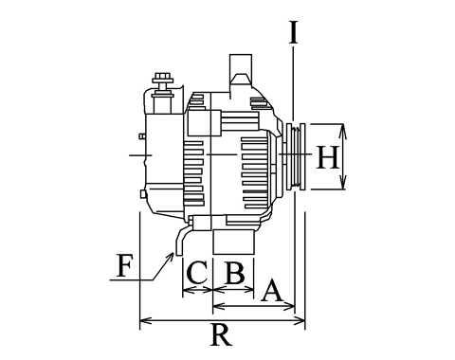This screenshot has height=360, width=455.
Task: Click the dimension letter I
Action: click(x=294, y=32)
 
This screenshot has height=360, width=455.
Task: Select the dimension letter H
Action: click(x=328, y=157)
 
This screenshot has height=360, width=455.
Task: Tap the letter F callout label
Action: click(x=123, y=265)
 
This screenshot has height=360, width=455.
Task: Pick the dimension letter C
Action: click(x=197, y=272)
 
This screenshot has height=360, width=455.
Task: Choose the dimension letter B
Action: click(x=234, y=272)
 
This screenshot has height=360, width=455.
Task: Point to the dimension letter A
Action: click(x=271, y=290)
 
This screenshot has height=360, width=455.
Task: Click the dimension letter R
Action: click(x=221, y=335)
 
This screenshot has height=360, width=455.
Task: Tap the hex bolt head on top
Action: click(x=163, y=78)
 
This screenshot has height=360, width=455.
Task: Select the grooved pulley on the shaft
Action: click(x=296, y=156)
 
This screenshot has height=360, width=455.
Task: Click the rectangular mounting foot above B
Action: click(x=233, y=242)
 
